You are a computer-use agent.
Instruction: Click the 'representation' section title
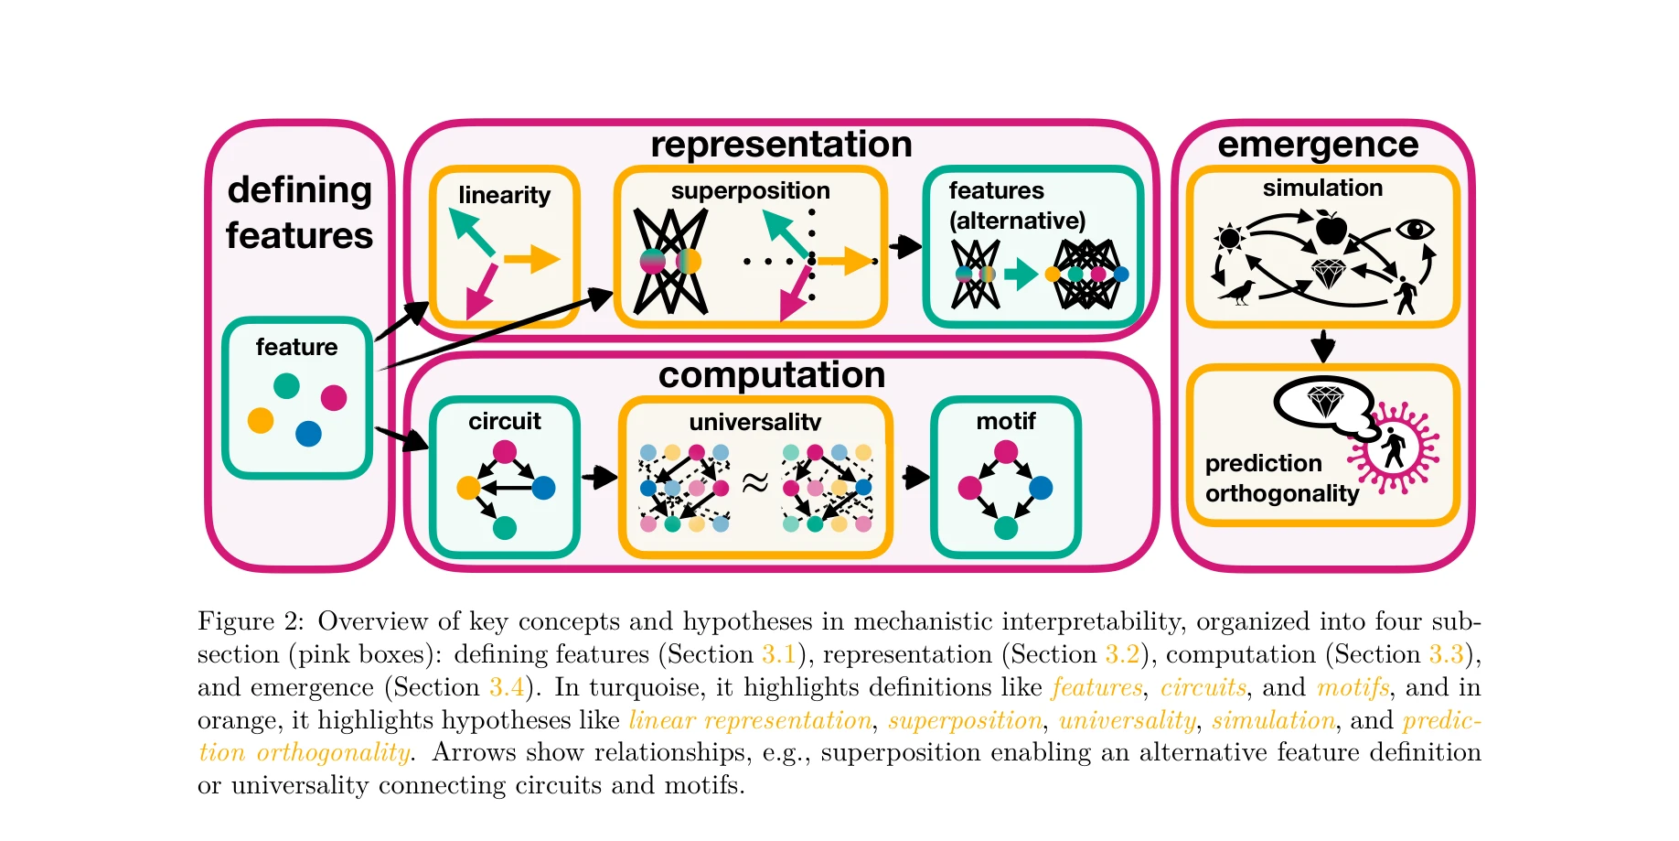pos(781,145)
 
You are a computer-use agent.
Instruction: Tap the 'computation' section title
pos(771,375)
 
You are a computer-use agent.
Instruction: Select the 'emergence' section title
pos(1318,145)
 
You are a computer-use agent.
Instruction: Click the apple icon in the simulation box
pos(1331,227)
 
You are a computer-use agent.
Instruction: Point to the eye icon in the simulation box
pos(1415,229)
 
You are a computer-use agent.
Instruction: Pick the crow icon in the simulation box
pos(1236,293)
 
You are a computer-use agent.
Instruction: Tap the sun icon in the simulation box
pos(1230,238)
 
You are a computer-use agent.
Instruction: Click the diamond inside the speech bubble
pos(1325,400)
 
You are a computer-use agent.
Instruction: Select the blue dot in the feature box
pos(308,433)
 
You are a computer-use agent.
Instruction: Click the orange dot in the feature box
pos(261,420)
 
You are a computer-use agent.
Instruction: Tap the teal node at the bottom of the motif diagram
pos(1006,527)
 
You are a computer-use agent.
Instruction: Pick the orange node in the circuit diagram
pos(468,488)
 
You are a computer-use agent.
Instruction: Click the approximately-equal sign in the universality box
pos(754,482)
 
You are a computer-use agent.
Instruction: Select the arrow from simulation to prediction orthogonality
pos(1322,346)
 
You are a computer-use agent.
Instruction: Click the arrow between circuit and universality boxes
pos(600,477)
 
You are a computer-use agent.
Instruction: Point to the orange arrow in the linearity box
pos(532,259)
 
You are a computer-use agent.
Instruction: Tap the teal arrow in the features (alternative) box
pos(1020,273)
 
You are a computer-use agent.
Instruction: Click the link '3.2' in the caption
pos(1122,654)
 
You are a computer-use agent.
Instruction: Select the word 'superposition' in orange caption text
pos(965,720)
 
